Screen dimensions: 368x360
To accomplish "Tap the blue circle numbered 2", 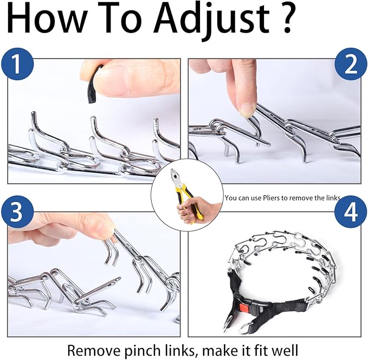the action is pyautogui.click(x=351, y=65).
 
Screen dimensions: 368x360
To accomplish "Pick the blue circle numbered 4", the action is pyautogui.click(x=351, y=212).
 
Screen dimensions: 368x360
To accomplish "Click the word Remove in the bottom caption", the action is pyautogui.click(x=94, y=351).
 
